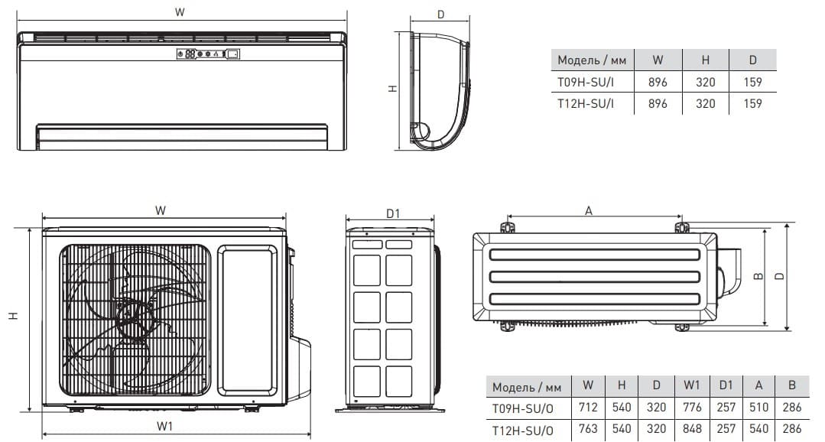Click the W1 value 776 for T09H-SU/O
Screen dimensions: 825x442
click(x=691, y=408)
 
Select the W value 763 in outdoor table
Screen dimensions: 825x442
click(x=588, y=429)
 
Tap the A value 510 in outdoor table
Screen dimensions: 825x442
click(x=758, y=408)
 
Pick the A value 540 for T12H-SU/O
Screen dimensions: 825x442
click(x=758, y=429)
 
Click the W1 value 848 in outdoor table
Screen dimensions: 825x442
click(x=691, y=429)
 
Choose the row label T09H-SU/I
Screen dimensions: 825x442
click(x=586, y=82)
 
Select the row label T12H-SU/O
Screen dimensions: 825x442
click(x=522, y=430)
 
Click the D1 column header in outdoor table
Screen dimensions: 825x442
click(x=726, y=385)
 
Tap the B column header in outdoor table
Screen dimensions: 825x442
click(x=792, y=385)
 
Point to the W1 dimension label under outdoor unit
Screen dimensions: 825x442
click(x=164, y=426)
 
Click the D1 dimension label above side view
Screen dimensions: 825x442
click(x=393, y=213)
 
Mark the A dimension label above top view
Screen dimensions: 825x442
click(x=589, y=211)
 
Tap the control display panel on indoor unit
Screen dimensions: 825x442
click(x=209, y=54)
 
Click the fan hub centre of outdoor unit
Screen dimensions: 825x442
click(x=129, y=317)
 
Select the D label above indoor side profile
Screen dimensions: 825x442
click(x=441, y=15)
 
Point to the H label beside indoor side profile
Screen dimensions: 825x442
click(x=392, y=89)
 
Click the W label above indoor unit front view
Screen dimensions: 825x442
click(x=180, y=12)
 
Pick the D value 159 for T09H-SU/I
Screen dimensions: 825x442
click(x=752, y=82)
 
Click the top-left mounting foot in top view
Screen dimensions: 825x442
click(x=507, y=227)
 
